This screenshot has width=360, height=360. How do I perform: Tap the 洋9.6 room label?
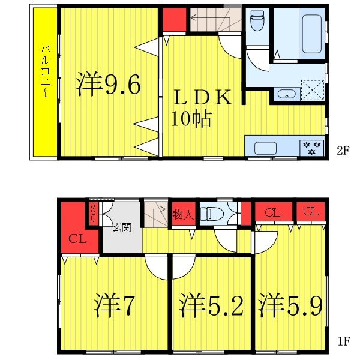click(109, 85)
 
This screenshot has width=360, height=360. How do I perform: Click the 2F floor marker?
click(343, 151)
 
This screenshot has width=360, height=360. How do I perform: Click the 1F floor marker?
click(343, 343)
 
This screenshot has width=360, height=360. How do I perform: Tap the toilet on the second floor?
click(257, 23)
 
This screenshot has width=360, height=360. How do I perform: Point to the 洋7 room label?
click(114, 306)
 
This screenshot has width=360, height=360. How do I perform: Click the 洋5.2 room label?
click(212, 306)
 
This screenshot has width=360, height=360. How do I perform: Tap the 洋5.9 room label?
click(290, 306)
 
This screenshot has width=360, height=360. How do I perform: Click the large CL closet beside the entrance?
click(77, 239)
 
